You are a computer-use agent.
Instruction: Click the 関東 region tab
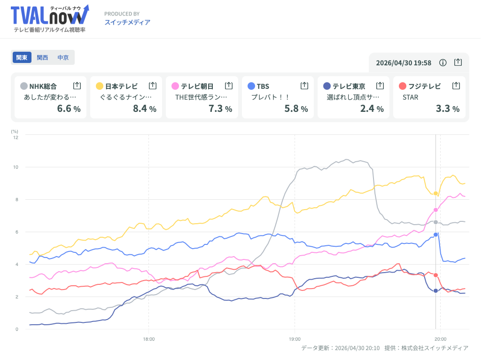(22, 57)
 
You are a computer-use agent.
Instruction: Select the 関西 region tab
(42, 57)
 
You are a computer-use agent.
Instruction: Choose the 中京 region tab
(63, 57)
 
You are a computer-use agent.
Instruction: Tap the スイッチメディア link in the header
(127, 22)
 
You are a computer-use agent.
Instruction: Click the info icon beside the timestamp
(443, 63)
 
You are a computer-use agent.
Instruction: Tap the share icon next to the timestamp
(458, 63)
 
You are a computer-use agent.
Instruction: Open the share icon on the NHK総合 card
(77, 86)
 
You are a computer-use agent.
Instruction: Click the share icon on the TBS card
(304, 86)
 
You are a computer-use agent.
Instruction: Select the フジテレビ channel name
(424, 86)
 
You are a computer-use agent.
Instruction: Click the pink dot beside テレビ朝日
(175, 86)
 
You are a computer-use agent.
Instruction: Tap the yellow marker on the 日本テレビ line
(436, 194)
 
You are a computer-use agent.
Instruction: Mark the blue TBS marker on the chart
(436, 235)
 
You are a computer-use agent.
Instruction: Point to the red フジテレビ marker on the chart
(436, 275)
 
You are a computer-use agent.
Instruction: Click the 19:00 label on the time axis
(295, 338)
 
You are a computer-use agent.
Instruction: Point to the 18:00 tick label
(149, 338)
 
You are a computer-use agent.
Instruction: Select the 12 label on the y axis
(16, 137)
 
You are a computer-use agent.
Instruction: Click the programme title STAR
(410, 97)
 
